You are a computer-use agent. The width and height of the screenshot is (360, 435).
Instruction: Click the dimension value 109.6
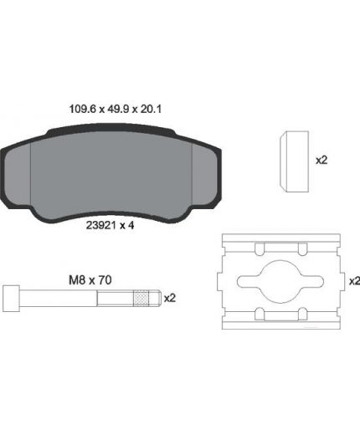pos(82,109)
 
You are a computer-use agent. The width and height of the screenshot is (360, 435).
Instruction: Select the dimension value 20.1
pos(151,109)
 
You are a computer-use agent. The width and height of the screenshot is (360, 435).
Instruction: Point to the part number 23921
pos(100,225)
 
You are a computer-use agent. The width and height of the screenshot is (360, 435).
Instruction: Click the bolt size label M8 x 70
pos(90,280)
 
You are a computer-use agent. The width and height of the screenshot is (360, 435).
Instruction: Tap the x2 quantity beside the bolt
pos(170,298)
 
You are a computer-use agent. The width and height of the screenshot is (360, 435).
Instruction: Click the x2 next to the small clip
pos(321,161)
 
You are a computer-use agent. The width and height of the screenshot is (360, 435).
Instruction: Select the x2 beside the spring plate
pos(354,281)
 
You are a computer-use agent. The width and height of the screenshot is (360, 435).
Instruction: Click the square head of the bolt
pos(11,299)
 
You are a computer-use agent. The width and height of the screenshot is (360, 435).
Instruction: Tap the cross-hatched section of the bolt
pos(141,299)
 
